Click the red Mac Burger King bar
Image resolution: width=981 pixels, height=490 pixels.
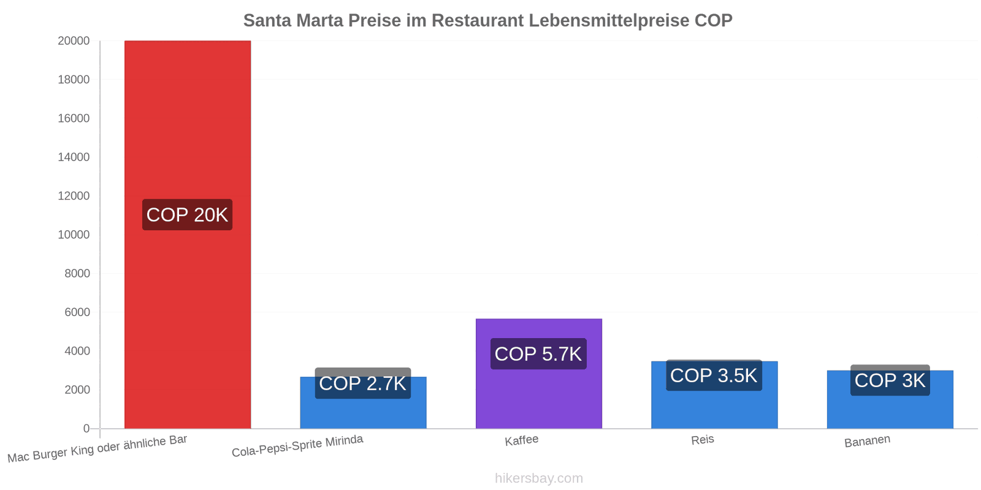188,235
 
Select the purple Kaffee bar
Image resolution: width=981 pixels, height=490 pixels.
539,374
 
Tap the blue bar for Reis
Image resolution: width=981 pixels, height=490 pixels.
714,394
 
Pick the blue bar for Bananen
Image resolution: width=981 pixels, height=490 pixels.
890,399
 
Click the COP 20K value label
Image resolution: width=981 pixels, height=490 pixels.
188,215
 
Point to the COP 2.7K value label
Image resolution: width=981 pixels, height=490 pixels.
363,383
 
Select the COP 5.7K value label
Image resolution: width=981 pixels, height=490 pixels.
539,354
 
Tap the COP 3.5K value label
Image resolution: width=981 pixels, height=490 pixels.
714,375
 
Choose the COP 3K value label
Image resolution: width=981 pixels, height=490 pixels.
890,380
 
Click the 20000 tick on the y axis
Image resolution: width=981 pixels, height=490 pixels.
74,40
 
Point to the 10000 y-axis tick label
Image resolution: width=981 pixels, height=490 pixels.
74,235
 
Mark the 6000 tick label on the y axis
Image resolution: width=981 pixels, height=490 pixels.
77,312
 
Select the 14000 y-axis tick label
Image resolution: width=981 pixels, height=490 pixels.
74,157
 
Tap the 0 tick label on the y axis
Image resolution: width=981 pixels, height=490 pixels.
86,429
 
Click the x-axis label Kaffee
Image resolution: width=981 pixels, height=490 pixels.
522,440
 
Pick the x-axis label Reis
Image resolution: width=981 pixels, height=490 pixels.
703,440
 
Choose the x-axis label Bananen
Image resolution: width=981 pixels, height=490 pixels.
867,441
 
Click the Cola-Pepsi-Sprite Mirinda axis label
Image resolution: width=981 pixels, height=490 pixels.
297,446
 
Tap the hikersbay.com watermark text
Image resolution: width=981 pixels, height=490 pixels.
539,478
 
